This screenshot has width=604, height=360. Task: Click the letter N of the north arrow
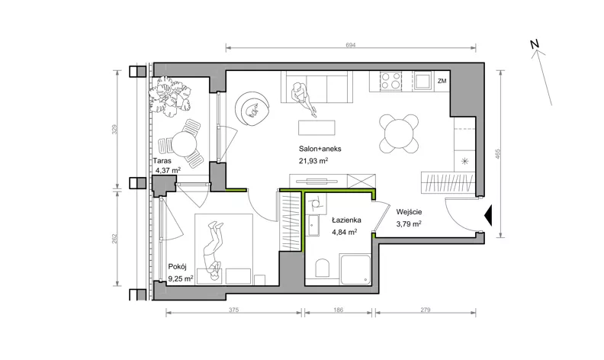click(534, 44)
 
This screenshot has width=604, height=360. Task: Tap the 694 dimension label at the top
click(351, 45)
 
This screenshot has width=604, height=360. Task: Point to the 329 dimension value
click(114, 130)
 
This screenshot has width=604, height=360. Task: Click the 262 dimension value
click(114, 239)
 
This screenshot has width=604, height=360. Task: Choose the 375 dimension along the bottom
click(234, 310)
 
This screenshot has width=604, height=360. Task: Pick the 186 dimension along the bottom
click(338, 310)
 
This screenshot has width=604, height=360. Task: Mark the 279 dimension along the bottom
click(426, 310)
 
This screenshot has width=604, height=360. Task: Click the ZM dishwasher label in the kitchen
click(442, 81)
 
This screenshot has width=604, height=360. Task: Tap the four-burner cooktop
click(391, 81)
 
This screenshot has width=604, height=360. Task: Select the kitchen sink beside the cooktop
click(422, 81)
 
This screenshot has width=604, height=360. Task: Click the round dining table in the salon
click(399, 133)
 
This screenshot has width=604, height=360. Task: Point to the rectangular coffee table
click(316, 127)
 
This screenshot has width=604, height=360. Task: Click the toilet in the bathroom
click(323, 268)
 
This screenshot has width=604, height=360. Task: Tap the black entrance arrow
click(488, 215)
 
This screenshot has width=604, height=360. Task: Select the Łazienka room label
click(347, 220)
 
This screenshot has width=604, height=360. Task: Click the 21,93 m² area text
click(313, 161)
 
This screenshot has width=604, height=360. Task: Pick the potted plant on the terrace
click(171, 96)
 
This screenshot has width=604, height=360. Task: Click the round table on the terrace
click(184, 144)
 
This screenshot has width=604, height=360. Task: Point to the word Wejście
click(409, 212)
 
